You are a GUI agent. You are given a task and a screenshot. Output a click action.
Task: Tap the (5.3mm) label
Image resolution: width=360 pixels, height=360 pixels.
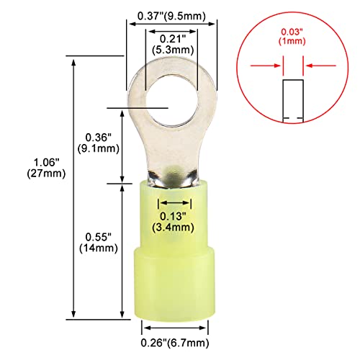(x=171, y=49)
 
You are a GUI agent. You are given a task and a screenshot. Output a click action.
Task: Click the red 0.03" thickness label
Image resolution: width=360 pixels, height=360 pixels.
(x=292, y=29)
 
